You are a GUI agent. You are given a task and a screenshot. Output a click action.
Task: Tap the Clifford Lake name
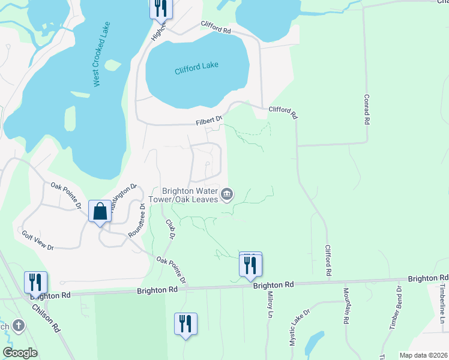196,68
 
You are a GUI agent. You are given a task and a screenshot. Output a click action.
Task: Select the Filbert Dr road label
209,121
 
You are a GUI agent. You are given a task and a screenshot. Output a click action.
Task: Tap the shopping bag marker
100,212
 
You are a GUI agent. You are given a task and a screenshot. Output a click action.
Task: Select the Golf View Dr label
38,240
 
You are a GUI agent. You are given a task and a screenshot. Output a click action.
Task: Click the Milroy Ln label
270,305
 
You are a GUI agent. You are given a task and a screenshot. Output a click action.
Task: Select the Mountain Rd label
346,306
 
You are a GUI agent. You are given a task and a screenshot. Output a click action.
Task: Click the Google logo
20,353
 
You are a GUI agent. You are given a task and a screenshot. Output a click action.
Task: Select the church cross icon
19,326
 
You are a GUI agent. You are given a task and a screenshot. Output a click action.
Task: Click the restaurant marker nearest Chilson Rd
35,282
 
